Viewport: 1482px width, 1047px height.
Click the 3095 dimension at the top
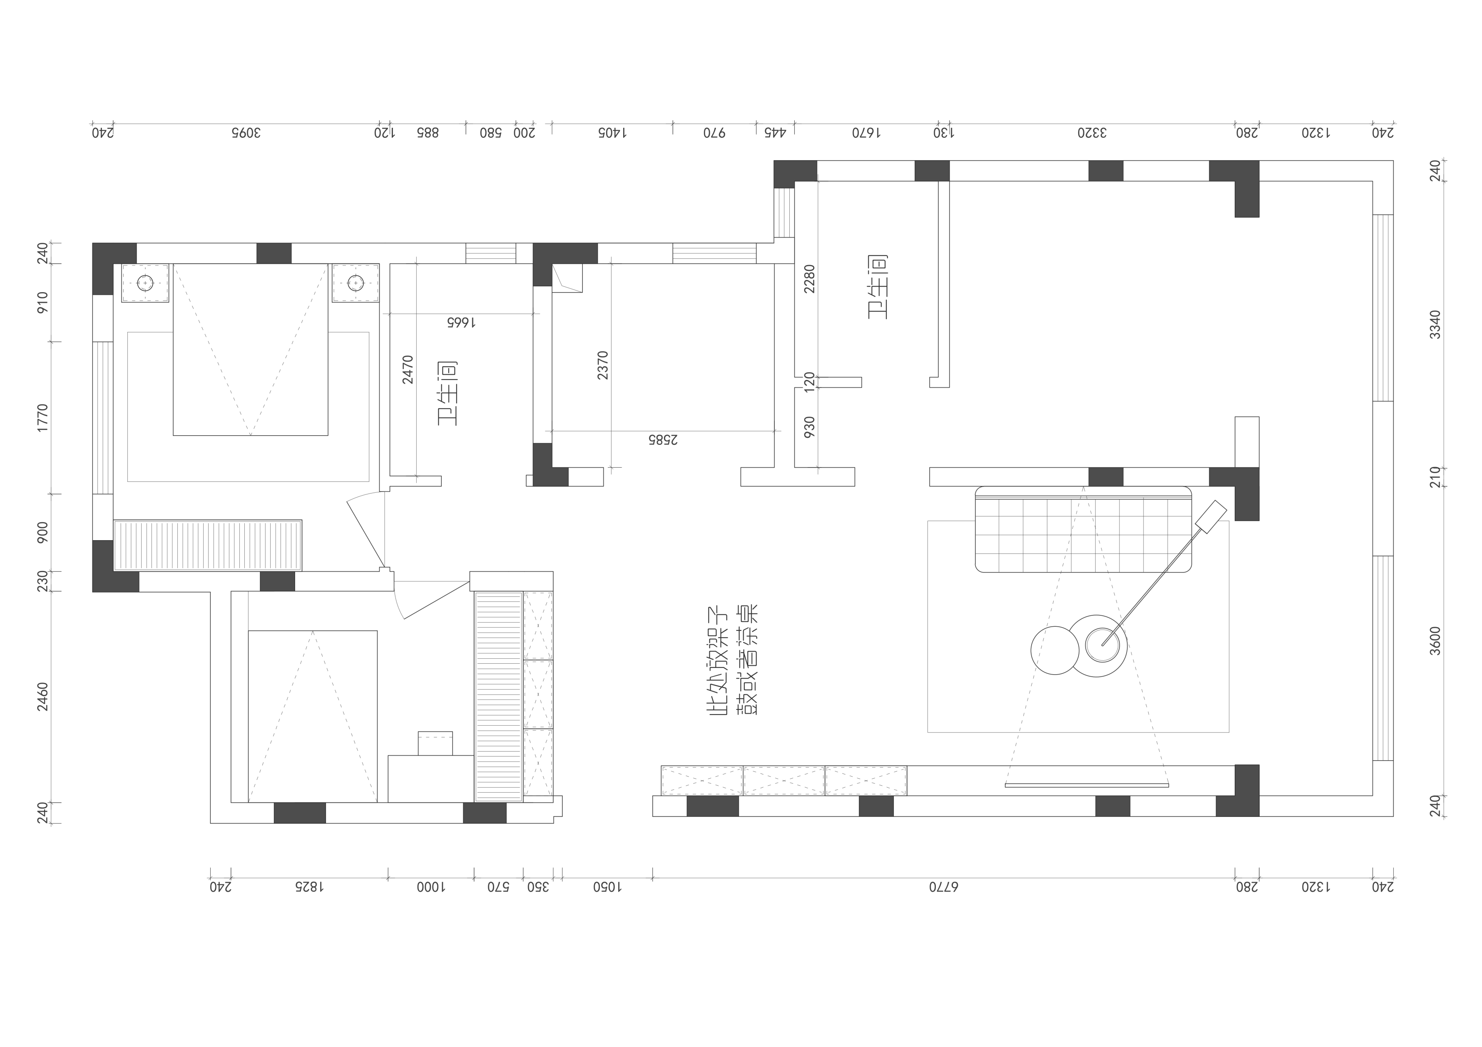(x=245, y=133)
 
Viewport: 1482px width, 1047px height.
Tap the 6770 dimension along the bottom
(x=944, y=887)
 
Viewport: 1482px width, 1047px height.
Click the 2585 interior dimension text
(x=663, y=440)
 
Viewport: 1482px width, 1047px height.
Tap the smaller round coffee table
(x=1055, y=650)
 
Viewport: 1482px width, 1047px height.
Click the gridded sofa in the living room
(x=1083, y=529)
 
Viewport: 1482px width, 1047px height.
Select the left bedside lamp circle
(x=145, y=283)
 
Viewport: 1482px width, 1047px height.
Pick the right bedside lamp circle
(x=356, y=283)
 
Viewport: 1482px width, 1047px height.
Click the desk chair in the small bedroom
(x=435, y=743)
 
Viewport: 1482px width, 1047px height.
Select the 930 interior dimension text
(x=809, y=427)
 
